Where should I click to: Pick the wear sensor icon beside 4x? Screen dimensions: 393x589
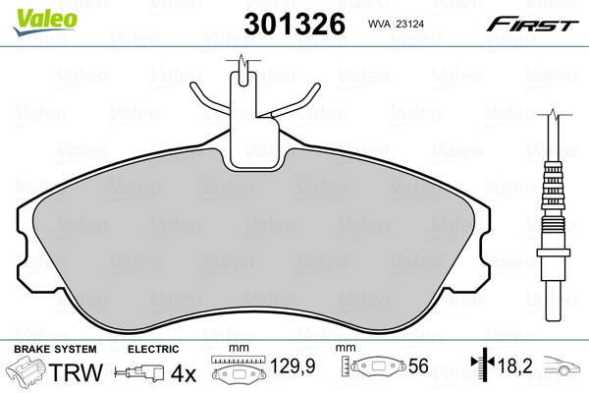137,373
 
